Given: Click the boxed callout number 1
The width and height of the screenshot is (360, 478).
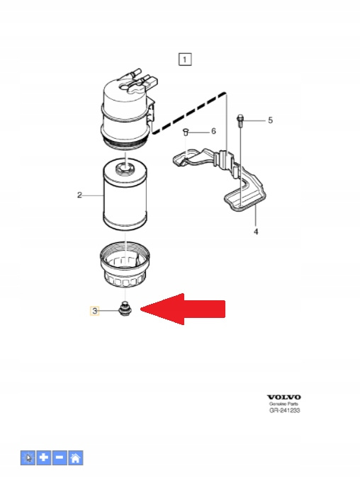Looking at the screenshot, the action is (x=185, y=59).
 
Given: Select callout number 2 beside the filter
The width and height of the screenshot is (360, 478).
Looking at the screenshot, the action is (x=79, y=195).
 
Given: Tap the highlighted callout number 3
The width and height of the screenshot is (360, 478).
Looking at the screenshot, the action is (x=94, y=311).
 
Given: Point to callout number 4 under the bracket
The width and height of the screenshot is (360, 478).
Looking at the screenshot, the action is (x=256, y=232).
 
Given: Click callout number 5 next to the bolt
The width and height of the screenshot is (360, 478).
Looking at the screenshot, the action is (x=270, y=120).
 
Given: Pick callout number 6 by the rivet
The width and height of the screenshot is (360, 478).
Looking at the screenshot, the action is (x=213, y=131).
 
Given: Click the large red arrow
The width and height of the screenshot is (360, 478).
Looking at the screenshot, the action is (x=183, y=309).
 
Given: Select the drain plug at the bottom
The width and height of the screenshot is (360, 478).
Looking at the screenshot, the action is (x=124, y=309).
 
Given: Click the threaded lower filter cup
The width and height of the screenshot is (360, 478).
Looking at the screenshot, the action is (x=125, y=265).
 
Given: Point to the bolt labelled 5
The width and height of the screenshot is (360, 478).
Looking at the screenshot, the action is (x=240, y=120).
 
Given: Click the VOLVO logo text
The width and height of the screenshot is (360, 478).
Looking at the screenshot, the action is (x=284, y=397).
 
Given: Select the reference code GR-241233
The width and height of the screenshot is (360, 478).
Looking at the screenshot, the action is (x=285, y=411).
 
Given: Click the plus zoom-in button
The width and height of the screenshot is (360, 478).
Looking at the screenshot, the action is (x=44, y=457).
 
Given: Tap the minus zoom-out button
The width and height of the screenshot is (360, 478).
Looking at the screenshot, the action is (x=60, y=457).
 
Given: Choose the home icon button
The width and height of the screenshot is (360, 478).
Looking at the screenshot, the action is (x=76, y=457).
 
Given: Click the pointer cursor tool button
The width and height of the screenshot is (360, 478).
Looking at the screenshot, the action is (x=28, y=457).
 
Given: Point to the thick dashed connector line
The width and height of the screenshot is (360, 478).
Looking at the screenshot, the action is (x=189, y=112).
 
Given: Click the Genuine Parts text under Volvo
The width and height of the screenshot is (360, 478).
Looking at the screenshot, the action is (x=283, y=404).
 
